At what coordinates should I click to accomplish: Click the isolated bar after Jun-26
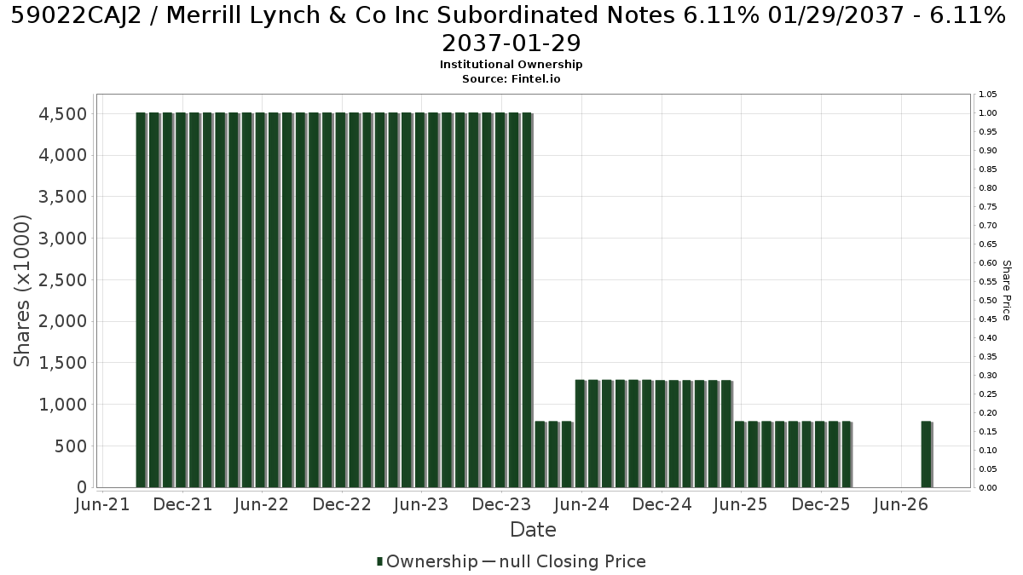click(926, 455)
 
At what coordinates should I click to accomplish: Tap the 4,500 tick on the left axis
click(62, 114)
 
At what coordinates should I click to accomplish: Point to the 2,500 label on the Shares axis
click(62, 280)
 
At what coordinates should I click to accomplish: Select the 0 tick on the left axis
click(82, 487)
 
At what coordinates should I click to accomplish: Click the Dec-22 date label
click(342, 504)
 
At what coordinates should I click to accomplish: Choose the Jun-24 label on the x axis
click(581, 504)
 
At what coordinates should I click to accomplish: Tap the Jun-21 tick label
click(102, 504)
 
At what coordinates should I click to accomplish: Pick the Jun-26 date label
click(900, 504)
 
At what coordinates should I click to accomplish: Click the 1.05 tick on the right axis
click(987, 95)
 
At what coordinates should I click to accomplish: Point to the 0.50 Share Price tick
click(987, 300)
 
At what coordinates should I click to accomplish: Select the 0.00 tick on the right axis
click(987, 488)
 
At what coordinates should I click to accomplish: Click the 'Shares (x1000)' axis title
click(21, 290)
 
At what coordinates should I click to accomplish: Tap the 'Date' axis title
click(533, 530)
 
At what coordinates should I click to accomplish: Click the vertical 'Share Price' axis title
click(1007, 290)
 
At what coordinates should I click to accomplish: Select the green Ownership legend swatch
click(379, 561)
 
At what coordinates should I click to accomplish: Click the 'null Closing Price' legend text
click(573, 561)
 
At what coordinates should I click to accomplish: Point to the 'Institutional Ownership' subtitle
click(511, 65)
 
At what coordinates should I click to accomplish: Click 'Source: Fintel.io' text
click(511, 79)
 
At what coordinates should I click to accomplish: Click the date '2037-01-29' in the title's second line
click(511, 43)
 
